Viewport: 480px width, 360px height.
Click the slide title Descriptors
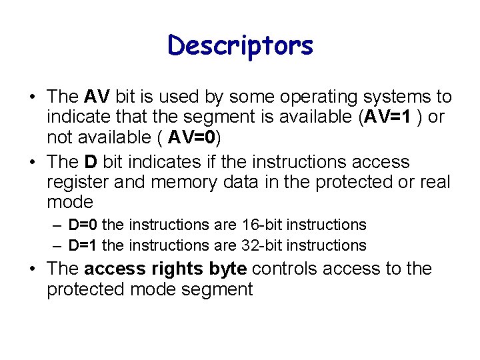[240, 46]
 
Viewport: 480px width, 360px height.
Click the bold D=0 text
[83, 225]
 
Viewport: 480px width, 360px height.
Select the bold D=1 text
[83, 245]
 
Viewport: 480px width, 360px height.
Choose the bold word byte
[228, 269]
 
